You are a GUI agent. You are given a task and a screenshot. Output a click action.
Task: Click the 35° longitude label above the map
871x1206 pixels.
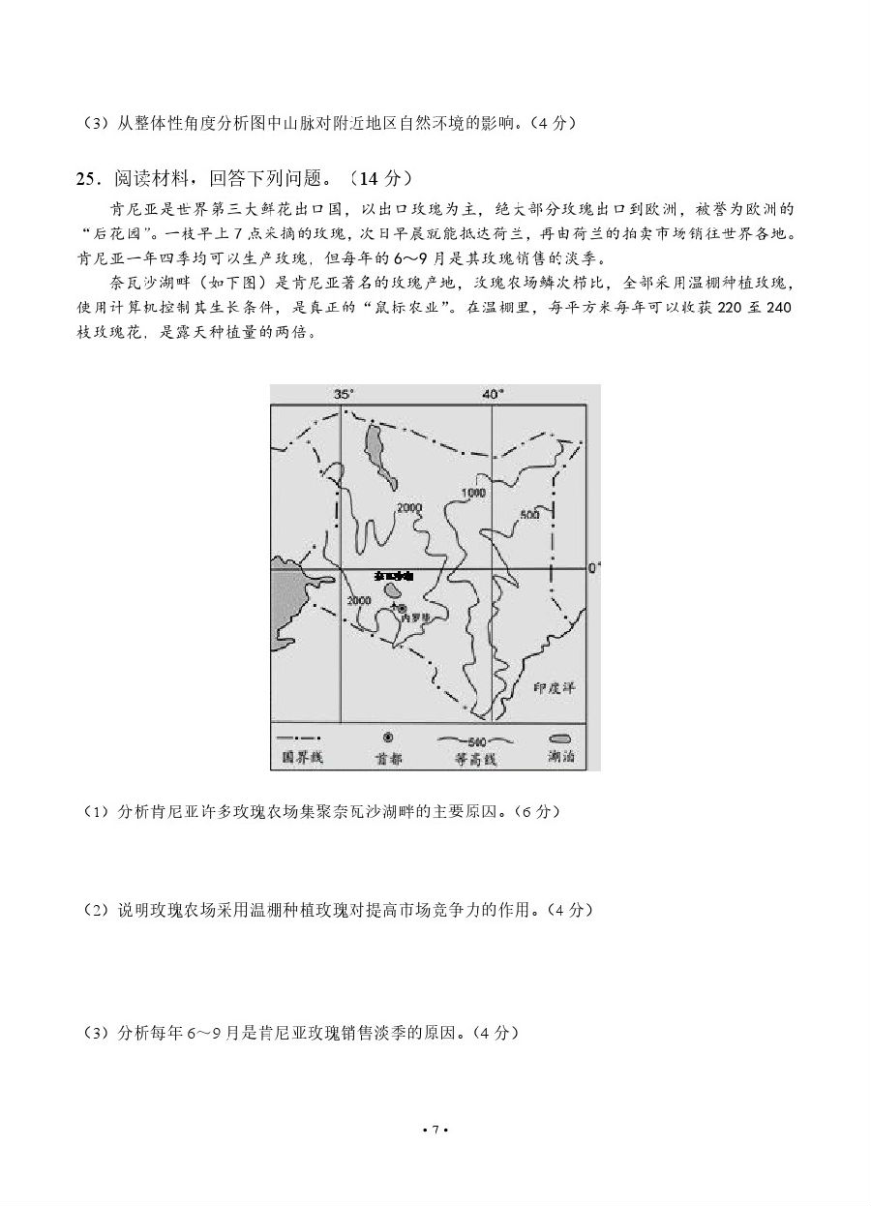(x=344, y=394)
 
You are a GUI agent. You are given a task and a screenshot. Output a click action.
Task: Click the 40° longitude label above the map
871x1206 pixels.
(x=494, y=394)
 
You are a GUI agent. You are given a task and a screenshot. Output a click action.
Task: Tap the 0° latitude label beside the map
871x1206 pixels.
(x=594, y=567)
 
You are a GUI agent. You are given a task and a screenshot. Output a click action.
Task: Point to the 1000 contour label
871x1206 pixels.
(x=472, y=493)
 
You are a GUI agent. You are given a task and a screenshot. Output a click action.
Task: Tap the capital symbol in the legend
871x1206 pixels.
(x=387, y=738)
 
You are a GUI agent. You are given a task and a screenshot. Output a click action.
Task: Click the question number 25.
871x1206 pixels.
(x=86, y=178)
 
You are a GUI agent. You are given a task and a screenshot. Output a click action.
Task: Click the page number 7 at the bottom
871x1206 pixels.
(x=435, y=1130)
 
